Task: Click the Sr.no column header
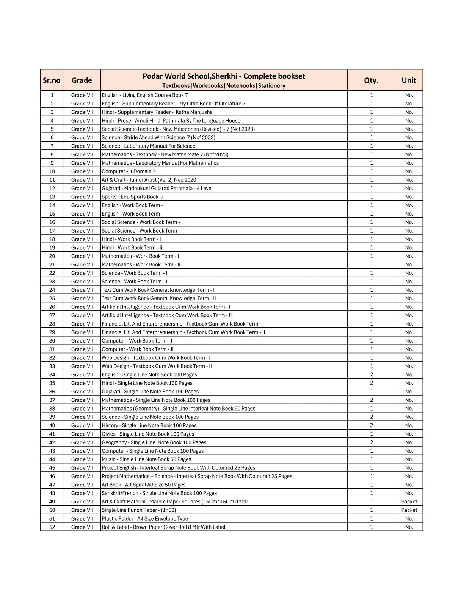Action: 52,80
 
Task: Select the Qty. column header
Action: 371,80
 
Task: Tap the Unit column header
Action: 409,80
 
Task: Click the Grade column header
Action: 82,80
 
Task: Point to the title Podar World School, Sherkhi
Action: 224,76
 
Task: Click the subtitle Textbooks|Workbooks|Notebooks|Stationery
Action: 224,86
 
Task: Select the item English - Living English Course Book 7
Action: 145,95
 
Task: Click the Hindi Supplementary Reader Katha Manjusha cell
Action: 157,112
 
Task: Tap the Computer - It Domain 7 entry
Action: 129,171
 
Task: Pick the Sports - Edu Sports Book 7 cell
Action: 133,197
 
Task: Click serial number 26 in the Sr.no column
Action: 52,307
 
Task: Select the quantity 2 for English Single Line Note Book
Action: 372,374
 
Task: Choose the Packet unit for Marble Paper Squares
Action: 409,502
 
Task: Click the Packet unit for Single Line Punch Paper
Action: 409,510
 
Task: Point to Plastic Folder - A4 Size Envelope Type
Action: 145,519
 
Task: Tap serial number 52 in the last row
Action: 52,527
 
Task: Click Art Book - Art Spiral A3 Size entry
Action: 144,485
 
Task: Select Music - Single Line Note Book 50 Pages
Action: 146,459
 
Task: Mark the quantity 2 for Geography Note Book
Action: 372,442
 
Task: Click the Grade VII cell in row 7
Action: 82,146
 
